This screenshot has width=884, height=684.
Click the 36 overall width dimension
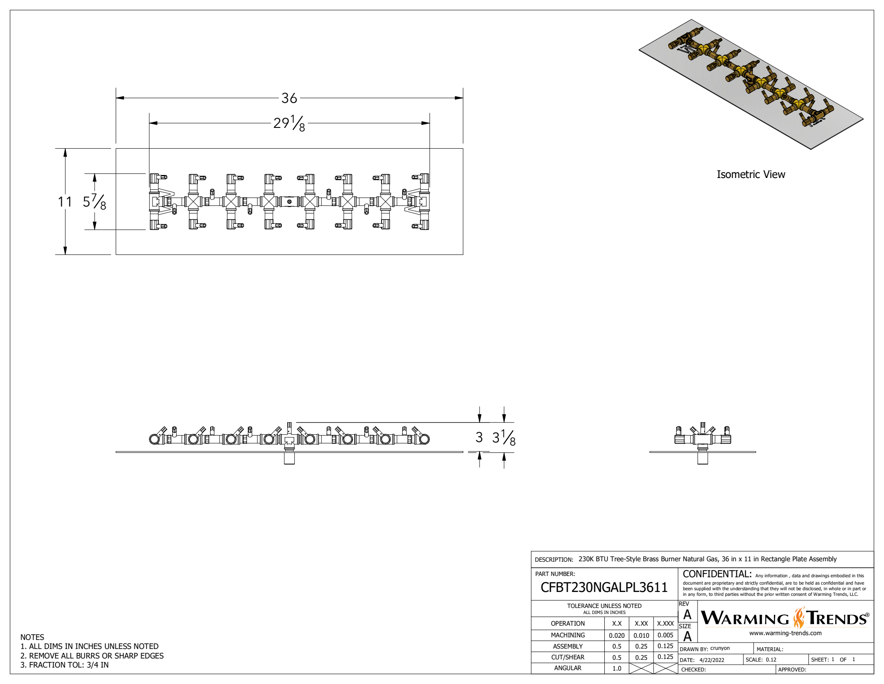pyautogui.click(x=289, y=98)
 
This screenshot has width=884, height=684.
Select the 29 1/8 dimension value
pyautogui.click(x=289, y=123)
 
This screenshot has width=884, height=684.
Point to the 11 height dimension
pyautogui.click(x=65, y=201)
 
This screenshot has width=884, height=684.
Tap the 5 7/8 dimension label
pyautogui.click(x=95, y=201)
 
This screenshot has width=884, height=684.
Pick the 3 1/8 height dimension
pyautogui.click(x=504, y=437)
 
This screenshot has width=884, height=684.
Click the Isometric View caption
pyautogui.click(x=751, y=175)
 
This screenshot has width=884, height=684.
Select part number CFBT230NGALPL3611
pyautogui.click(x=604, y=587)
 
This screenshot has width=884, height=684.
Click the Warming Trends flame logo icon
pyautogui.click(x=799, y=617)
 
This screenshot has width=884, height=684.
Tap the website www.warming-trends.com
pyautogui.click(x=785, y=633)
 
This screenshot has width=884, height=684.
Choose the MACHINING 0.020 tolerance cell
pyautogui.click(x=616, y=636)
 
